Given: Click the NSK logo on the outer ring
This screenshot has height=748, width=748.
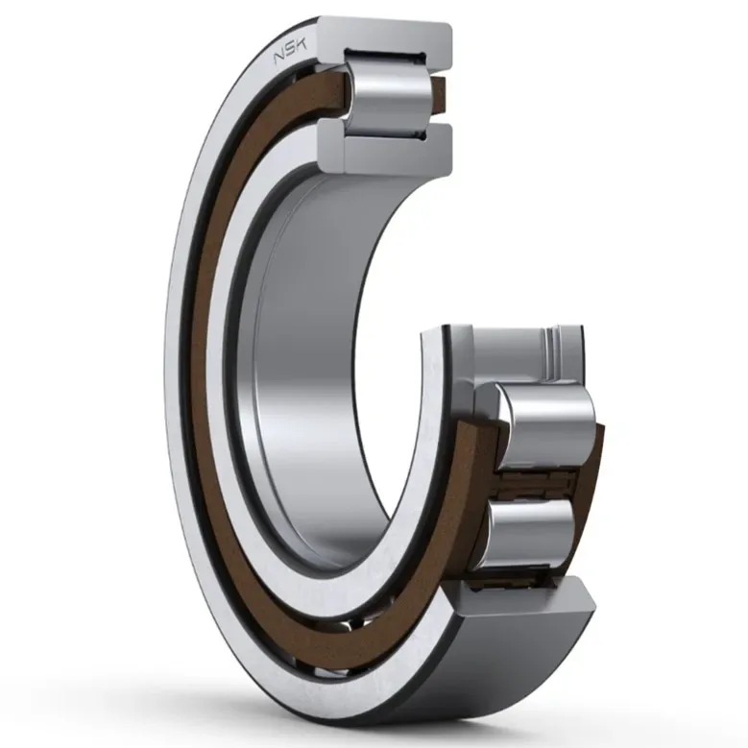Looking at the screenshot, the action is (x=290, y=51).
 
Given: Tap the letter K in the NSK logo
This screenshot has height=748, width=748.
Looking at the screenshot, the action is (x=302, y=45).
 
